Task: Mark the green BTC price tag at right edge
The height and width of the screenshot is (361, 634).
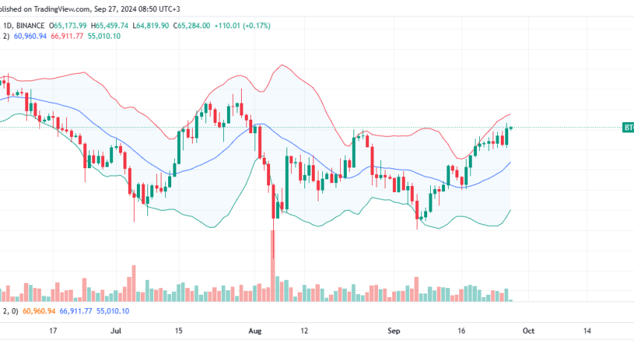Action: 627,128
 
